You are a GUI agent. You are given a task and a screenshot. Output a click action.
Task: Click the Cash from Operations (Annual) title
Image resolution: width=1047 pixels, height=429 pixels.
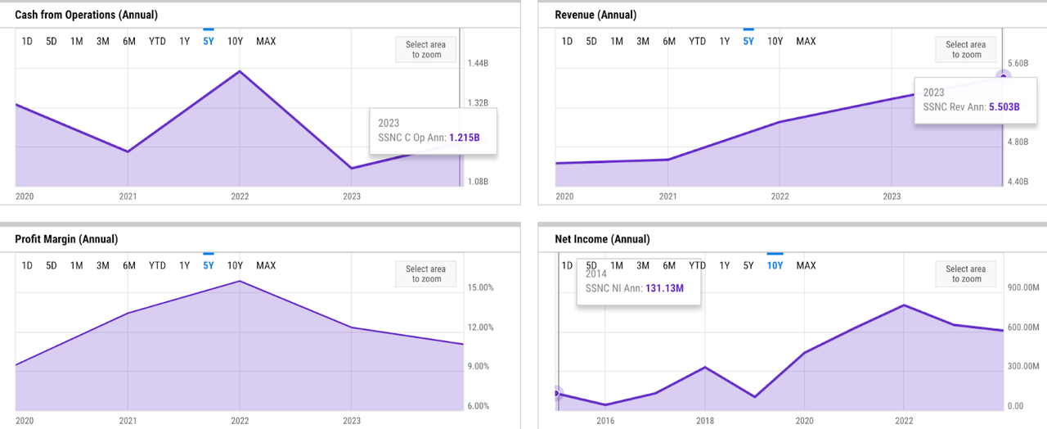click(x=87, y=15)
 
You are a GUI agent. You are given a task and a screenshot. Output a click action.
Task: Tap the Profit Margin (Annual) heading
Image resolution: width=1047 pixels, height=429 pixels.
click(x=66, y=239)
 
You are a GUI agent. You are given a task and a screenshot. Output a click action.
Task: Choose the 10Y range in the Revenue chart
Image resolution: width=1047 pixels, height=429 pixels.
click(x=775, y=41)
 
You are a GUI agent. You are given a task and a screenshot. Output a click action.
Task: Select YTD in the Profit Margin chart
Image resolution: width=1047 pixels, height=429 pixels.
click(x=157, y=265)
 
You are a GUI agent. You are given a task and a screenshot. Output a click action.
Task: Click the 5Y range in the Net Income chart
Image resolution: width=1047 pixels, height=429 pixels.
click(x=748, y=265)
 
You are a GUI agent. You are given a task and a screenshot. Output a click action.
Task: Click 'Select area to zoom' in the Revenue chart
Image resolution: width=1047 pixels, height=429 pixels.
click(x=965, y=50)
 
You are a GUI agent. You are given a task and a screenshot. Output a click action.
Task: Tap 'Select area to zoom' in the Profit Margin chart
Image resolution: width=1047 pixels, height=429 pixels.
click(x=426, y=274)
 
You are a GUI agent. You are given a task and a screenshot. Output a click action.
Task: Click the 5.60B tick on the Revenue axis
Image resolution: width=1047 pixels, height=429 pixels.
click(x=1018, y=64)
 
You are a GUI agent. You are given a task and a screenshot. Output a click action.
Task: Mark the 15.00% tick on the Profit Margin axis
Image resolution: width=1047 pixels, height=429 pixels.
click(x=480, y=288)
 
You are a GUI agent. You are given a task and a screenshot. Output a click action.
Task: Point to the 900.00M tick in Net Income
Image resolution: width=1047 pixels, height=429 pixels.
click(x=1022, y=288)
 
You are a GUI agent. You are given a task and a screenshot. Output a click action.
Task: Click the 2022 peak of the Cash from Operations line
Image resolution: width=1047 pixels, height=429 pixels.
click(x=239, y=71)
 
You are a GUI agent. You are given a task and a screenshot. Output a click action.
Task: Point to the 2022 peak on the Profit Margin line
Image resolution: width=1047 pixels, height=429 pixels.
click(x=239, y=282)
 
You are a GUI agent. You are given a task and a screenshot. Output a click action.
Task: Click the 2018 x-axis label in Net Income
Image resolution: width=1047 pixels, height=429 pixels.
click(x=704, y=421)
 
